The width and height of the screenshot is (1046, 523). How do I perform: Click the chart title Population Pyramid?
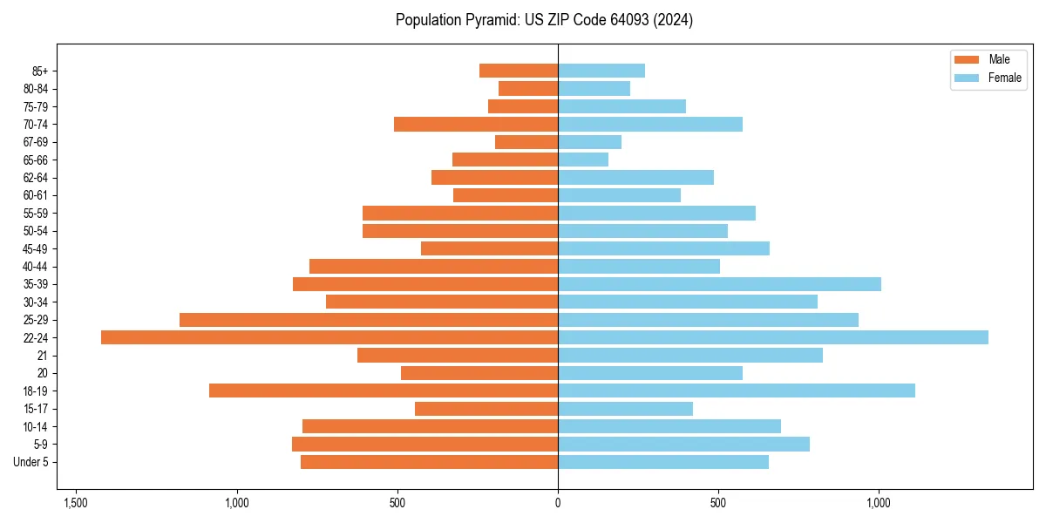click(544, 20)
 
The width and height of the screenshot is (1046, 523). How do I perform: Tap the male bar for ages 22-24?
click(329, 337)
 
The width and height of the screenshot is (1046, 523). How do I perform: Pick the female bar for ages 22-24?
click(773, 337)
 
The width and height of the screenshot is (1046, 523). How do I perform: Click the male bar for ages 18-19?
click(384, 391)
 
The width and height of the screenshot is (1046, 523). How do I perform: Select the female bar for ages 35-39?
click(719, 284)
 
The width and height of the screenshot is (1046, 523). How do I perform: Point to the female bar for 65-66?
click(583, 160)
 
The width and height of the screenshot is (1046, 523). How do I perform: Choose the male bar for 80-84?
click(528, 88)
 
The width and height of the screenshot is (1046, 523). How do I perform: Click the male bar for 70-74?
click(476, 124)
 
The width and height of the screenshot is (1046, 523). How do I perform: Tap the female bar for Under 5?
click(663, 462)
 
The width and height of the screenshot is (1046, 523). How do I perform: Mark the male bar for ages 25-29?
click(369, 320)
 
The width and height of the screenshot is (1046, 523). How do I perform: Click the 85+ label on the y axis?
click(40, 71)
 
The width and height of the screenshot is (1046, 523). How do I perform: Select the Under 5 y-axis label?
click(31, 462)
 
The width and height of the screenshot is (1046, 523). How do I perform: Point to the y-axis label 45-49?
click(36, 248)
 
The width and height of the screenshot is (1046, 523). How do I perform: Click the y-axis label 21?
click(43, 356)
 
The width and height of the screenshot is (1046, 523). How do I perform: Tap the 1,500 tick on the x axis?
click(76, 503)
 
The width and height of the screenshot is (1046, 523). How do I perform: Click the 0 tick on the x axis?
click(558, 503)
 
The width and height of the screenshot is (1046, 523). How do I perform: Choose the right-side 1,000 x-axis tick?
click(879, 503)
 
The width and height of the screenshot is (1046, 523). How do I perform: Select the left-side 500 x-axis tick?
click(397, 503)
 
